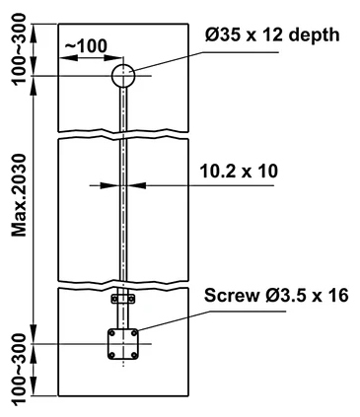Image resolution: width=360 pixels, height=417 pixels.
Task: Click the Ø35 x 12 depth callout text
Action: [x=272, y=35]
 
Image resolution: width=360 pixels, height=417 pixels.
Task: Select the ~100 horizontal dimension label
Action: [x=86, y=46]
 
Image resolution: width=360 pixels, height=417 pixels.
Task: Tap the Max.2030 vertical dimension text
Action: [x=19, y=195]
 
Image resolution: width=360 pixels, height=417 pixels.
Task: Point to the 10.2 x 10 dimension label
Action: [x=239, y=172]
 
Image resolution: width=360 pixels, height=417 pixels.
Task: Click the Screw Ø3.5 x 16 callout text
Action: [x=276, y=295]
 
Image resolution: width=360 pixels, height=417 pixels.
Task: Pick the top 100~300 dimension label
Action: [x=19, y=49]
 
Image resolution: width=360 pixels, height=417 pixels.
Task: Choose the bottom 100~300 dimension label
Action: [x=19, y=370]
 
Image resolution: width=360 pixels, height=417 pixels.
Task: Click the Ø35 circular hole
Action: [x=123, y=76]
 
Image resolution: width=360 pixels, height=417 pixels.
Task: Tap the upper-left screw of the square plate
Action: [x=112, y=333]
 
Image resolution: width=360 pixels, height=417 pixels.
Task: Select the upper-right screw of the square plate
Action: [x=134, y=333]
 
